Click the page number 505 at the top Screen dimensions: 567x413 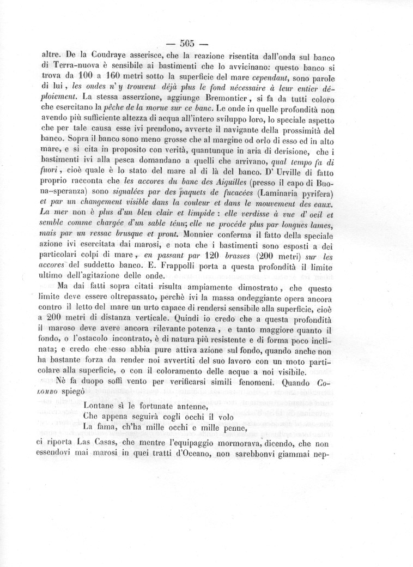[x=187, y=43]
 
